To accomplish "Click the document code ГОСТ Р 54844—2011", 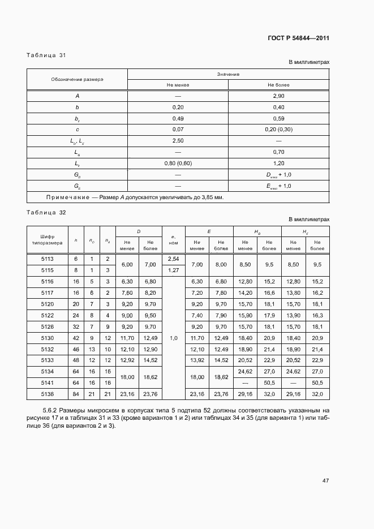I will pyautogui.click(x=298, y=38).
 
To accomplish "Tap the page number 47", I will pyautogui.click(x=325, y=481).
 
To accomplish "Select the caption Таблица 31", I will pyautogui.click(x=46, y=55).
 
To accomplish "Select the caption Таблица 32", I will pyautogui.click(x=46, y=212).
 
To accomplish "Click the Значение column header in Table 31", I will pyautogui.click(x=228, y=74).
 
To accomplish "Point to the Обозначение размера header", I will pyautogui.click(x=78, y=79).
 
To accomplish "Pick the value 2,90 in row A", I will pyautogui.click(x=278, y=96).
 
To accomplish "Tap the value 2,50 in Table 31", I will pyautogui.click(x=178, y=140).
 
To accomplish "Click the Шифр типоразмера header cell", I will pyautogui.click(x=47, y=239).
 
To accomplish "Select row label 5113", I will pyautogui.click(x=47, y=259).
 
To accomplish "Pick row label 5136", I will pyautogui.click(x=47, y=394).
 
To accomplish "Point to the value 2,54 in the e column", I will pyautogui.click(x=173, y=259).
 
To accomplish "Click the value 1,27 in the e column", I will pyautogui.click(x=173, y=270).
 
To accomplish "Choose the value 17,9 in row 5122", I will pyautogui.click(x=269, y=315).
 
